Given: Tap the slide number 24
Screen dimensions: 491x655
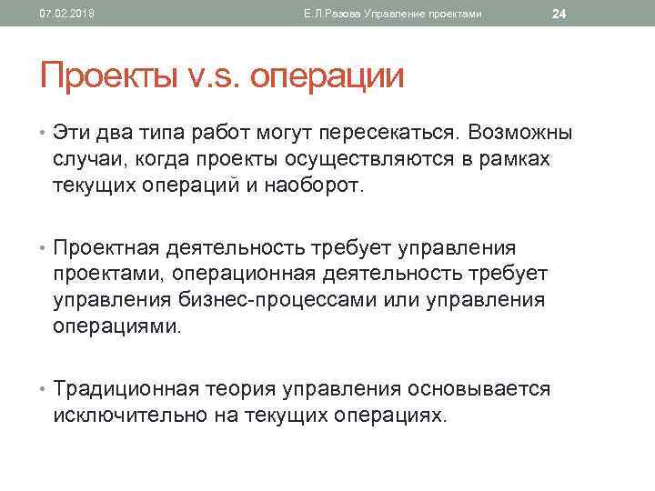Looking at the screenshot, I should point(559,13).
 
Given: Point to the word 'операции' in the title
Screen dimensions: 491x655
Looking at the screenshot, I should point(327,75).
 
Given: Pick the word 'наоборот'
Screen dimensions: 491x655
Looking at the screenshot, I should point(315,187).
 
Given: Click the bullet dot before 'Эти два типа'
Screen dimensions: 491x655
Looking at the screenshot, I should point(44,133).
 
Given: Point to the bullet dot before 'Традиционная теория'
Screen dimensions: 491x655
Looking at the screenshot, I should point(44,390).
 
